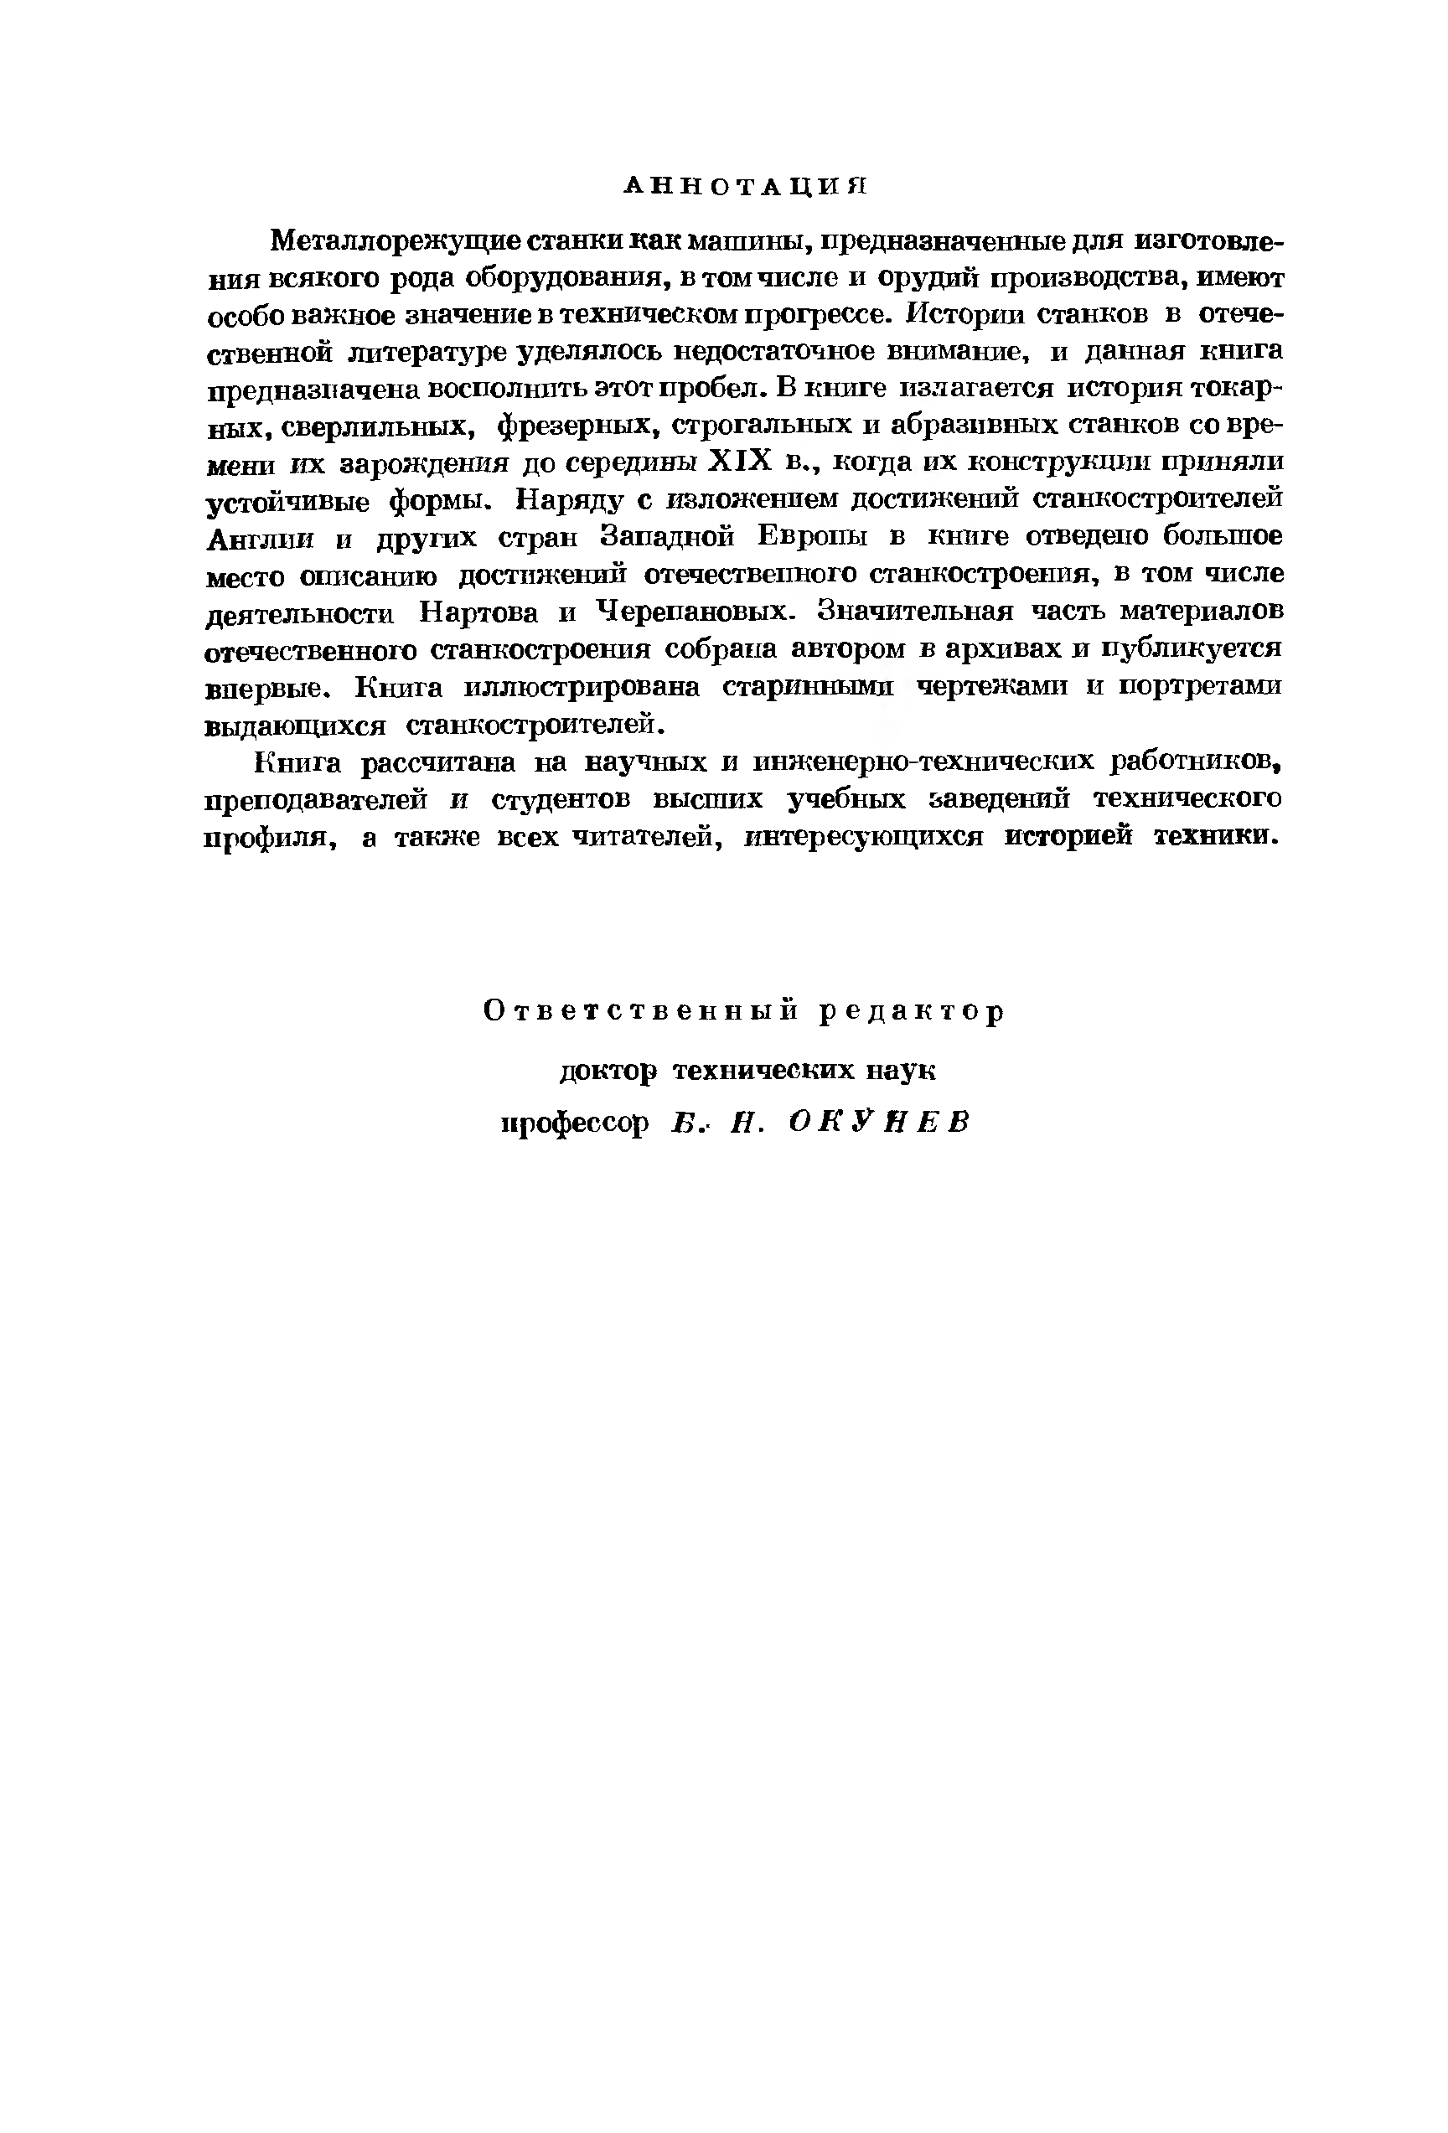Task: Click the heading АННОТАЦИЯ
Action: (745, 186)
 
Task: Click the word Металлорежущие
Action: (396, 241)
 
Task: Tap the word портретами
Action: (1199, 686)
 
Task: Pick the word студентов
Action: (561, 800)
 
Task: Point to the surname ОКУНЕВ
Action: (879, 1123)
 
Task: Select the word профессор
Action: (575, 1123)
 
